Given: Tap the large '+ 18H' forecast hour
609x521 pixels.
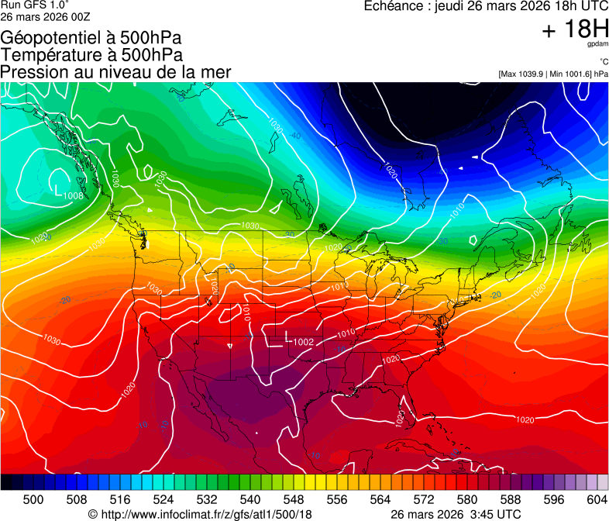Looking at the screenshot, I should pyautogui.click(x=575, y=30).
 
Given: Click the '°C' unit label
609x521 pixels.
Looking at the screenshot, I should pyautogui.click(x=603, y=61).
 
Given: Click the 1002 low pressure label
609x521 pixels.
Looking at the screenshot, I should pyautogui.click(x=303, y=342).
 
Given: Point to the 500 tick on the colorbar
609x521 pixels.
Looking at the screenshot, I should pyautogui.click(x=33, y=500).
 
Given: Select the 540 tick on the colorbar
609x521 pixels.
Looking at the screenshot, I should pyautogui.click(x=249, y=500).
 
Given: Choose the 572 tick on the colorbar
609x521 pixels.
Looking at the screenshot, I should pyautogui.click(x=423, y=500).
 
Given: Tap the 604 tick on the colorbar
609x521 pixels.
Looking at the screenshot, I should pyautogui.click(x=597, y=500).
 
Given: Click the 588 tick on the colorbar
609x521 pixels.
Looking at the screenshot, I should pyautogui.click(x=510, y=500).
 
